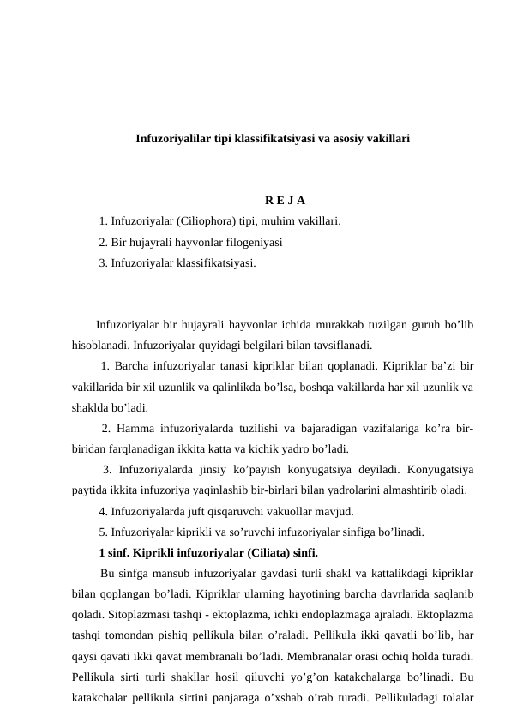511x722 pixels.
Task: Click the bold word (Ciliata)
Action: point(267,552)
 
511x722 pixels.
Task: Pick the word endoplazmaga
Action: point(358,614)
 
